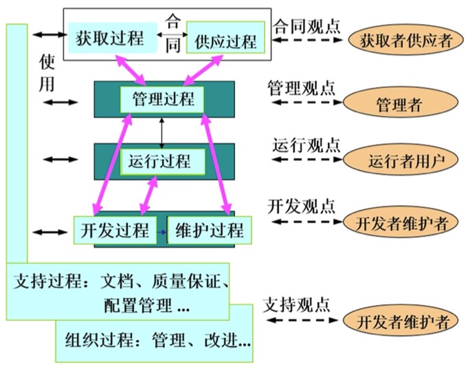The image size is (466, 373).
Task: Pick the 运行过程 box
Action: point(163,162)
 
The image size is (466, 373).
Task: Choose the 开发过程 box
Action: point(115,230)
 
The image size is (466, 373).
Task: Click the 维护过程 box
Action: point(209,230)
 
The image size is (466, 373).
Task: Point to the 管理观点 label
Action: point(301,88)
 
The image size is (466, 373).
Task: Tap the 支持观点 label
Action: point(296,303)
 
